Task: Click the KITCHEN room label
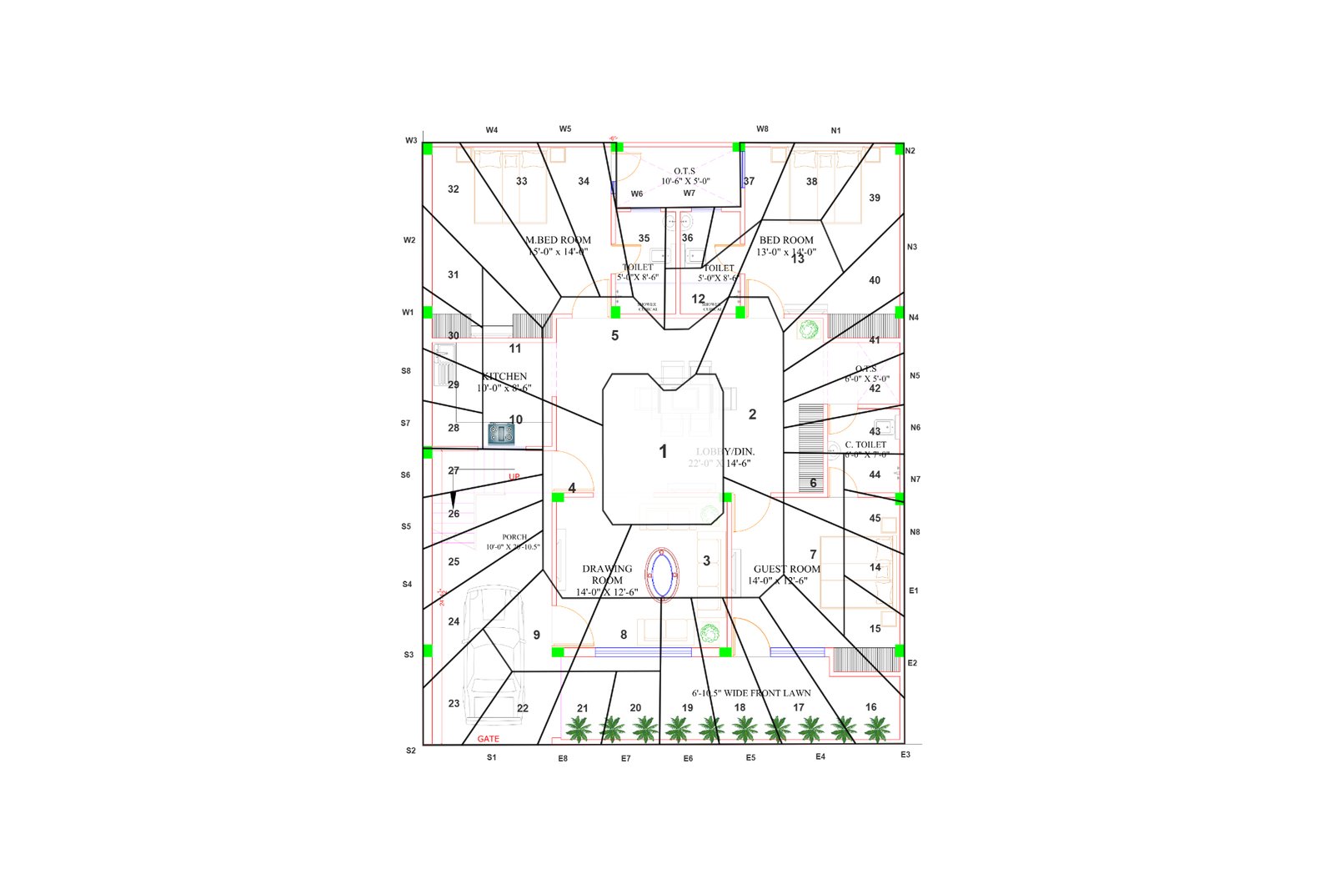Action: click(x=504, y=377)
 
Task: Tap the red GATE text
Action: click(x=489, y=739)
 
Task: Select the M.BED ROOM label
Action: click(x=558, y=240)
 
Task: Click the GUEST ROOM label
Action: click(x=787, y=569)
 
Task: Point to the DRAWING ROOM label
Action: click(x=607, y=575)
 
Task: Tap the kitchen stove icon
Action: click(x=501, y=433)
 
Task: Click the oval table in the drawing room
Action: click(x=663, y=574)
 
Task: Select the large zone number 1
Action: click(x=664, y=452)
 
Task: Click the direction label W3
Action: click(x=411, y=141)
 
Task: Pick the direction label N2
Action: click(x=910, y=151)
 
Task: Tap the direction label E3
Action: click(x=905, y=755)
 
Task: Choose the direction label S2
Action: click(x=411, y=751)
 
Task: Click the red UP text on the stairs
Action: click(x=514, y=477)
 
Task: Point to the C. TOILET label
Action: click(x=865, y=444)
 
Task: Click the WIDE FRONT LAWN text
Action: click(x=751, y=693)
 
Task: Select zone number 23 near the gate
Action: click(x=454, y=704)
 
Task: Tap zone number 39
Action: click(x=875, y=198)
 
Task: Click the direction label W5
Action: click(x=565, y=129)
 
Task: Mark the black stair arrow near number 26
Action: click(x=453, y=499)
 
